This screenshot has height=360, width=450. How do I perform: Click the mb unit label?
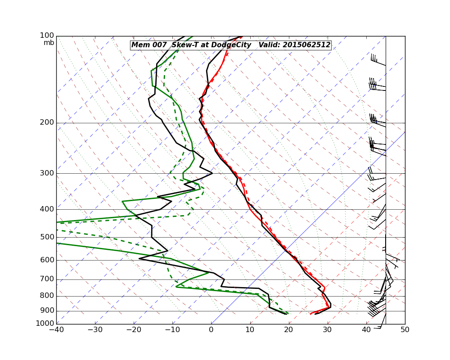(49, 43)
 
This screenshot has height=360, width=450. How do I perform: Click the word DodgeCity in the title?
(231, 45)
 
